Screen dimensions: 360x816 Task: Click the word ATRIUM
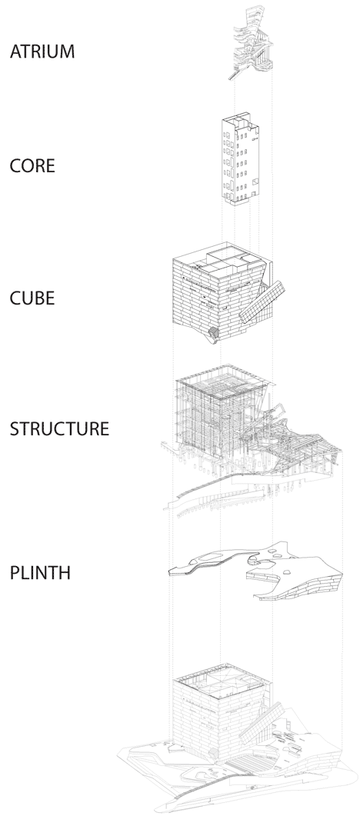pos(42,52)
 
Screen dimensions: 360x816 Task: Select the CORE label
pos(32,166)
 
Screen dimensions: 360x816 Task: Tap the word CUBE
pos(32,298)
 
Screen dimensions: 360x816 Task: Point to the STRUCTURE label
pos(59,428)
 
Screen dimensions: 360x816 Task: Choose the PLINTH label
pos(40,573)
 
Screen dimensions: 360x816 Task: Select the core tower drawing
pos(240,158)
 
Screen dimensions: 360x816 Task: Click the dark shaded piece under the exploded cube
pos(214,332)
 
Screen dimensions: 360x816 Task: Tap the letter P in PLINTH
pos(14,573)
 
